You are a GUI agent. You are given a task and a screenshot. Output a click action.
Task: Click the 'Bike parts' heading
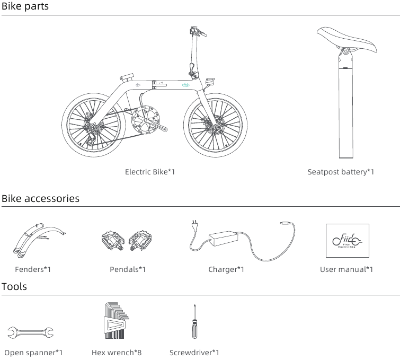pyautogui.click(x=25, y=7)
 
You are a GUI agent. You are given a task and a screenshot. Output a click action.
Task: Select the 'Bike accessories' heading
pyautogui.click(x=40, y=199)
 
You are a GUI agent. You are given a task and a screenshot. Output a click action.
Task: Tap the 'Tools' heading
pyautogui.click(x=14, y=287)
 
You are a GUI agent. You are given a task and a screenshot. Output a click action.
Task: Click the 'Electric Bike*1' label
pyautogui.click(x=150, y=172)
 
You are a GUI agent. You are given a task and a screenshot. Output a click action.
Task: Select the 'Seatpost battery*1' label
pyautogui.click(x=341, y=172)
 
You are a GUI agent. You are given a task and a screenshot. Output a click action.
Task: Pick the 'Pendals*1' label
pyautogui.click(x=128, y=269)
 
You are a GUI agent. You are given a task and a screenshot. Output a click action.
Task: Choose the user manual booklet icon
pyautogui.click(x=347, y=241)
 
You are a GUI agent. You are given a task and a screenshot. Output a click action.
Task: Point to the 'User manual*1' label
pyautogui.click(x=346, y=269)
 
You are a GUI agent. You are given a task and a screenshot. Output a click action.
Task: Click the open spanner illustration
pyautogui.click(x=31, y=332)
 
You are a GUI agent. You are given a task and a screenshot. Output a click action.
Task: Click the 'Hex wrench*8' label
pyautogui.click(x=117, y=353)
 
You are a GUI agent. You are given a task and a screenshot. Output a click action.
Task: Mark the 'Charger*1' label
pyautogui.click(x=226, y=269)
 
